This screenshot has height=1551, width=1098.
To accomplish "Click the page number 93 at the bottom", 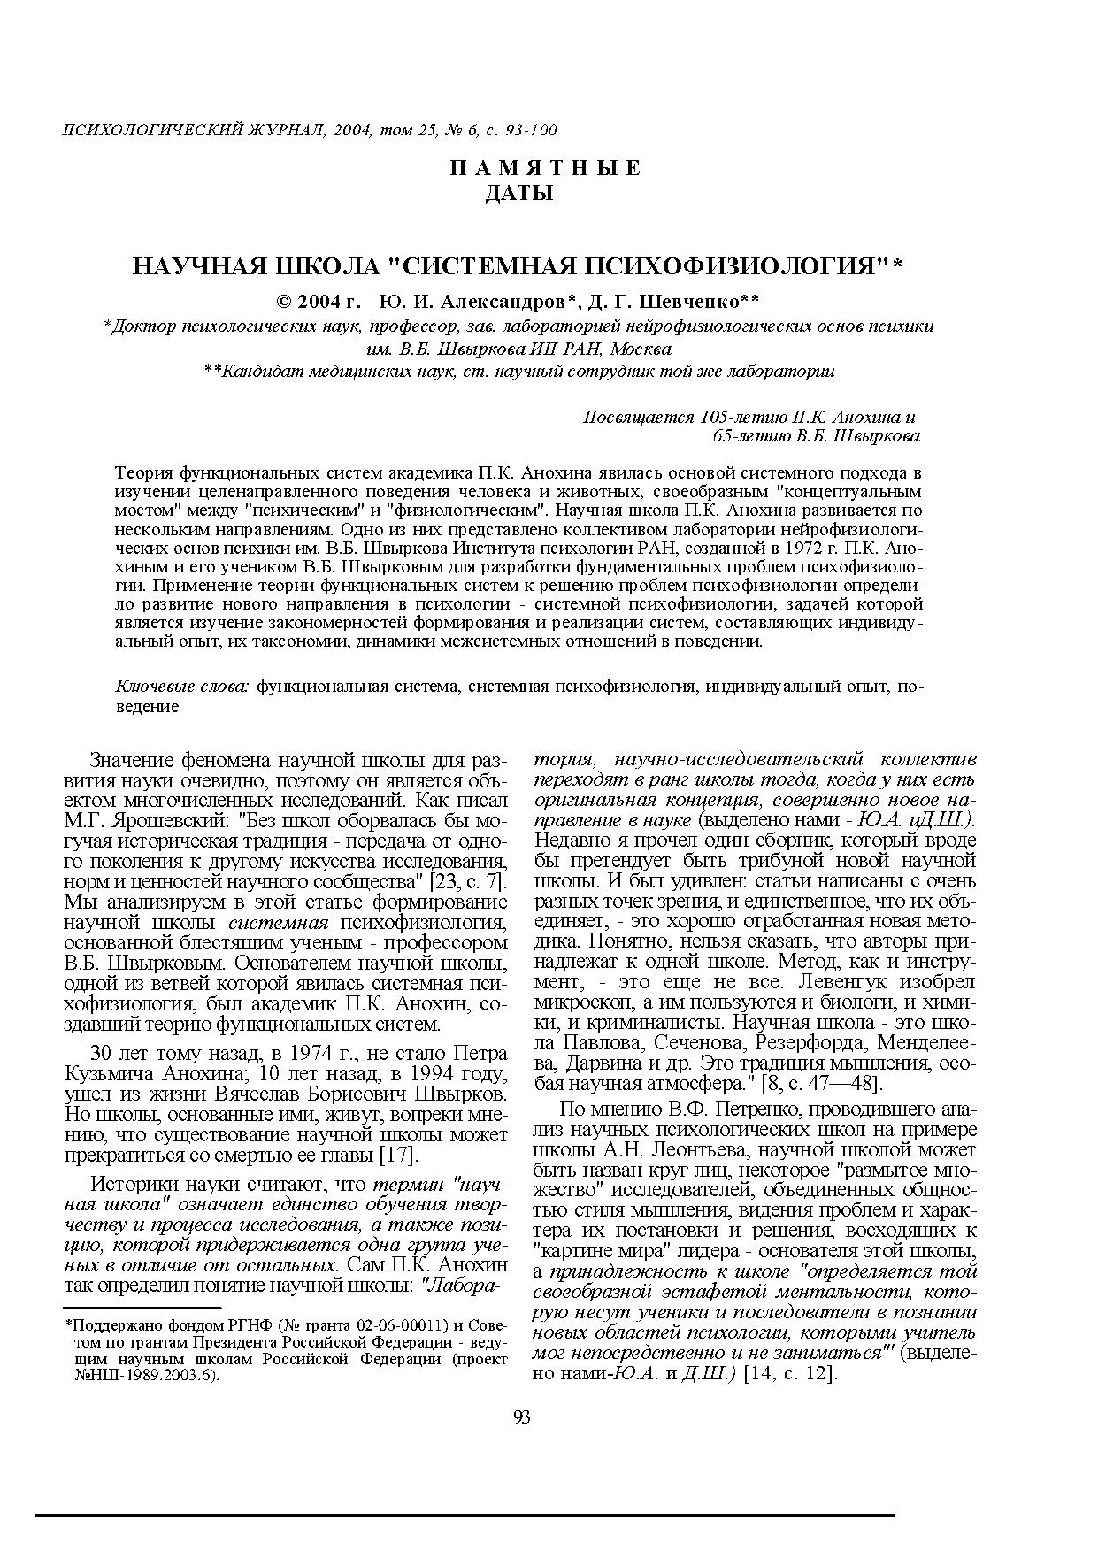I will [x=521, y=1418].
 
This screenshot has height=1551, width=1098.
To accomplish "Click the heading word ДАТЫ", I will [x=519, y=193].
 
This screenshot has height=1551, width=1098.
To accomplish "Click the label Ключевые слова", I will [x=184, y=686].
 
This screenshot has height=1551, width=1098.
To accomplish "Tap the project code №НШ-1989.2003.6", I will [x=148, y=1376].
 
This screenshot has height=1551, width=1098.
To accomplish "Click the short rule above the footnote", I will [x=142, y=1306].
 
